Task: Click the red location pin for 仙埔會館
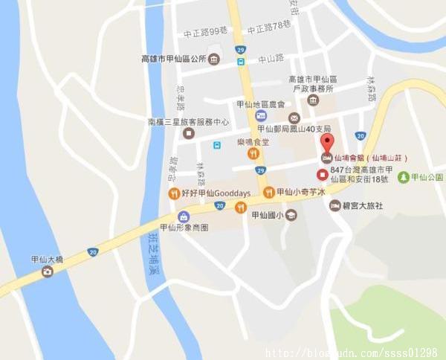click(326, 142)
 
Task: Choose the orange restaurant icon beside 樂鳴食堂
click(253, 153)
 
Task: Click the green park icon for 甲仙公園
click(404, 177)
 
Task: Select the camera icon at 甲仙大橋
click(48, 271)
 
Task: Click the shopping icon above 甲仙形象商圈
click(183, 216)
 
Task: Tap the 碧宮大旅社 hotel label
click(362, 205)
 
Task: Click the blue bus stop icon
click(216, 144)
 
